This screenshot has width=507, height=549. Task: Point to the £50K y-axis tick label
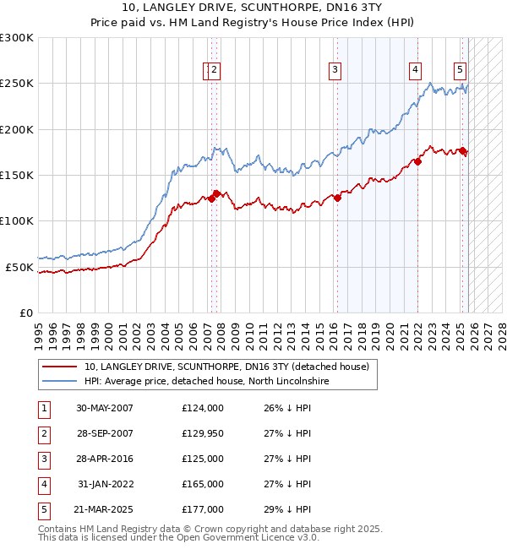pos(19,267)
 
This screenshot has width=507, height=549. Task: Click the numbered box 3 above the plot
pos(335,70)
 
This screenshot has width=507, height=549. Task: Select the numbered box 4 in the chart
pos(416,70)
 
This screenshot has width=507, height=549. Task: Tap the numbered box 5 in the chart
pos(460,70)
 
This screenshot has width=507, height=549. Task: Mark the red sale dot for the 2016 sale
pos(337,198)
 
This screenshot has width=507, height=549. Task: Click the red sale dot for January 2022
pos(417,161)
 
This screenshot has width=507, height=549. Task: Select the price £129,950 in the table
pos(202,433)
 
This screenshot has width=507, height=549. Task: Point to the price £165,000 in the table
pos(202,484)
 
